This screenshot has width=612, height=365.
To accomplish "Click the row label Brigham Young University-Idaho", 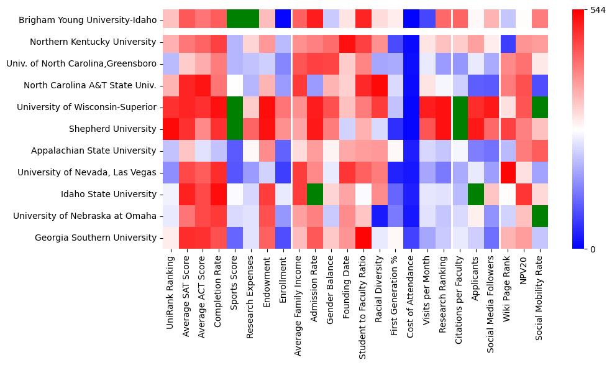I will [88, 21].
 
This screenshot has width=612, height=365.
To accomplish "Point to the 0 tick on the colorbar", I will [592, 249].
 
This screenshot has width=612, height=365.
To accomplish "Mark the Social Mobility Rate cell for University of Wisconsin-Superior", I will [540, 108].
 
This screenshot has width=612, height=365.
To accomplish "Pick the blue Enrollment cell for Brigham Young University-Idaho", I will [283, 21].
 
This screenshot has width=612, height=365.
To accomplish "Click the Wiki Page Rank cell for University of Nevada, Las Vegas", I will [508, 173].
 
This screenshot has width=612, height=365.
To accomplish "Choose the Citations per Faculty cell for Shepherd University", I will [459, 129].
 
